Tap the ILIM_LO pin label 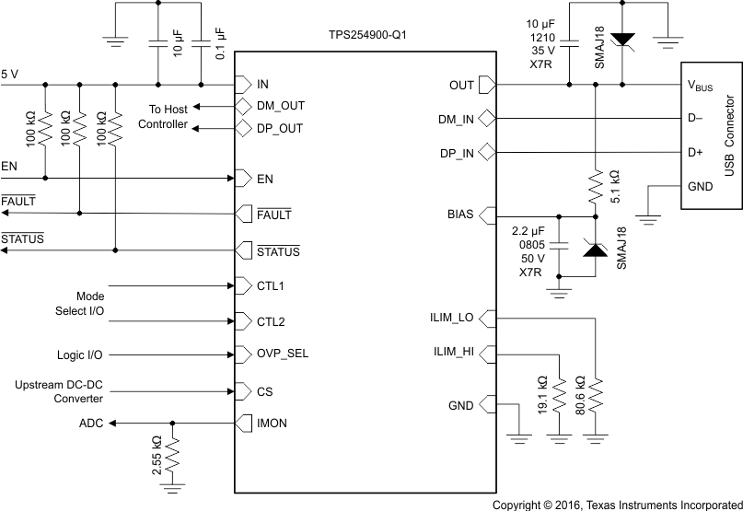pos(453,319)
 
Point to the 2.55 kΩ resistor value pos(157,452)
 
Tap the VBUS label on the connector pos(699,86)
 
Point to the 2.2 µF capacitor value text pos(531,230)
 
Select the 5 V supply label pos(10,73)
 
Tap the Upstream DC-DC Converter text pos(58,390)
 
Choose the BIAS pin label pos(459,215)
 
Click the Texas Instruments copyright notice pos(617,505)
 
